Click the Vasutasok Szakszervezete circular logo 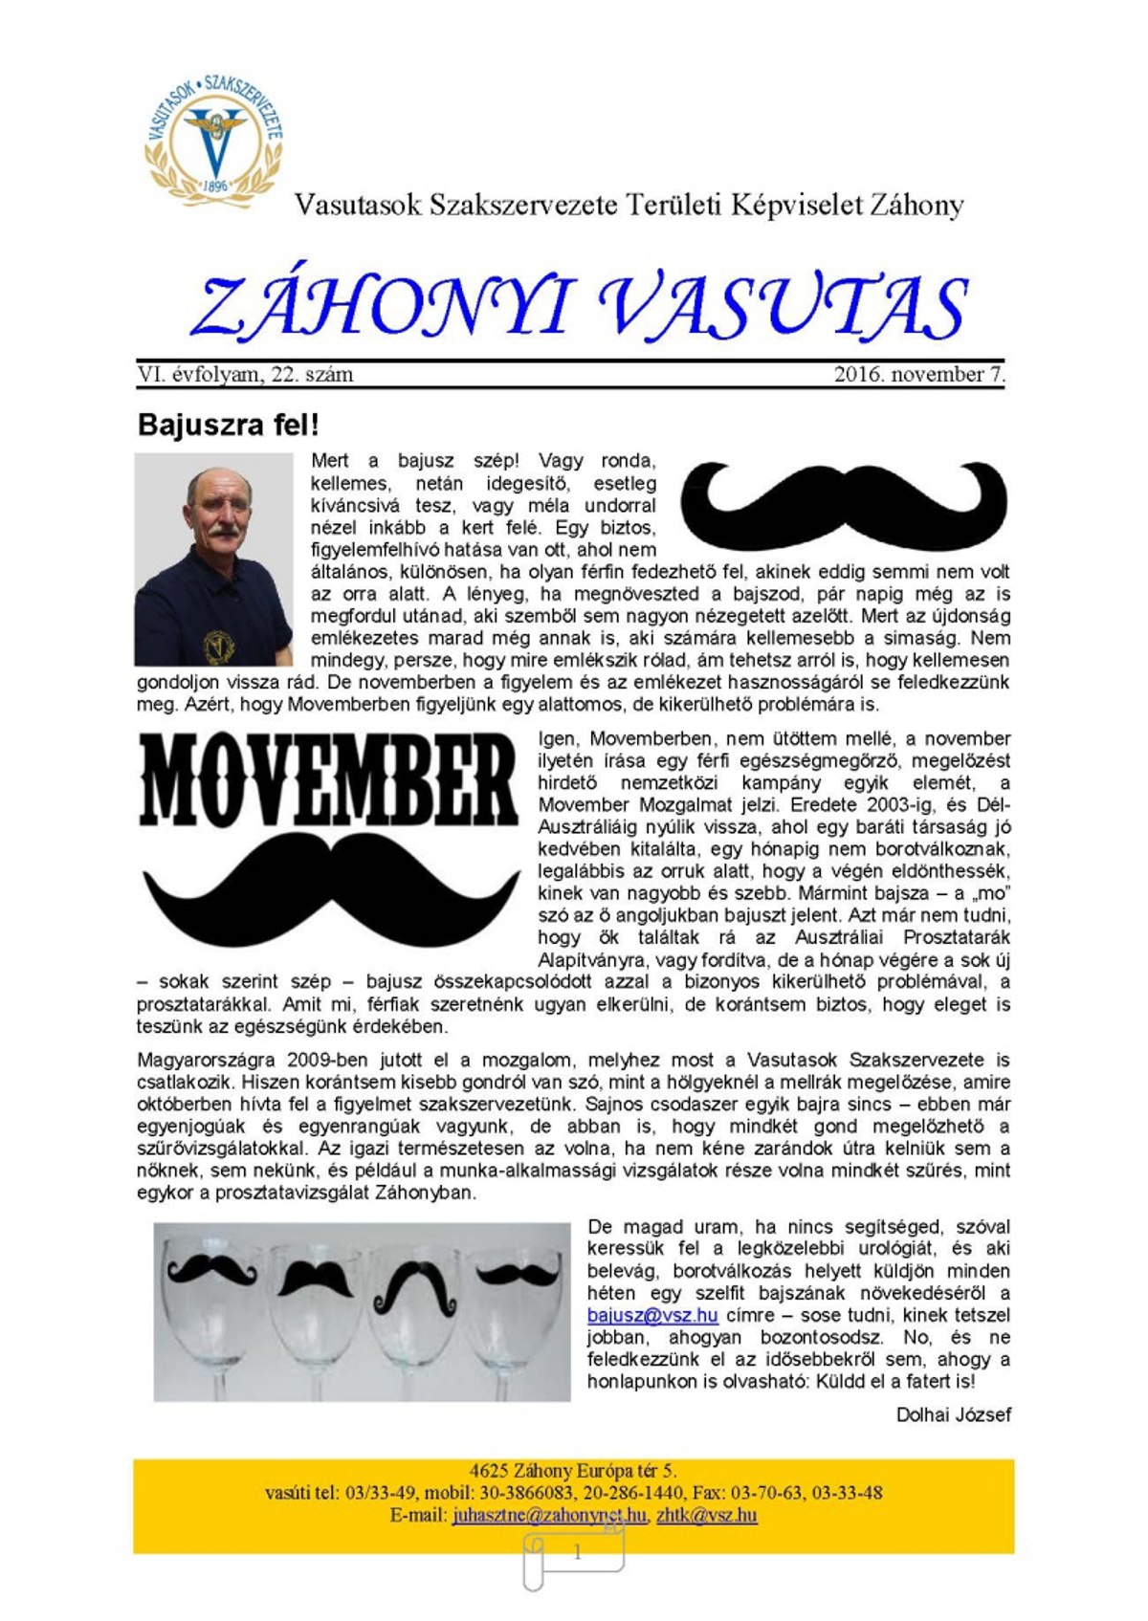tap(213, 140)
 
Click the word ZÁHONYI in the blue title tap(383, 308)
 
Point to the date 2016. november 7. tap(919, 375)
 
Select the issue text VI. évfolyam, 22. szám tap(245, 375)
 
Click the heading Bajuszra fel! tap(228, 425)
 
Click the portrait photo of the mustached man tap(213, 559)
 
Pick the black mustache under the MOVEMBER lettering tap(330, 889)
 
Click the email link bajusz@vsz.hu tap(652, 1315)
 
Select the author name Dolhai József tap(953, 1414)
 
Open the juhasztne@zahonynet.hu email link tap(549, 1516)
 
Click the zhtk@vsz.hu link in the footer tap(706, 1516)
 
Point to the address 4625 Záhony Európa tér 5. tap(573, 1471)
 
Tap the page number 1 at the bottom tap(577, 1553)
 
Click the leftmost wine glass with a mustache tap(214, 1310)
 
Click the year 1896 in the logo tap(215, 186)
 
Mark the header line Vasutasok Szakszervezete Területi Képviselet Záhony tap(629, 206)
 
